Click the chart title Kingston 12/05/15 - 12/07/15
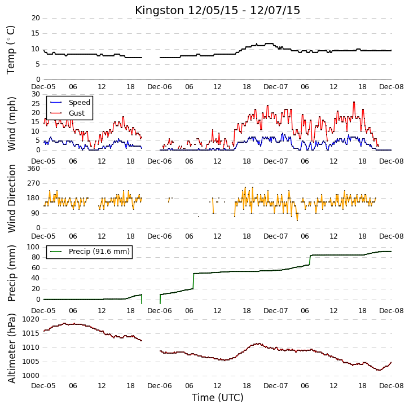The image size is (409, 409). coord(217,10)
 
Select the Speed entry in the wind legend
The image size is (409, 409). coord(80,103)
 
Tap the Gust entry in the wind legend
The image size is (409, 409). coord(77,113)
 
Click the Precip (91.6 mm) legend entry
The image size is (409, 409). coord(99,252)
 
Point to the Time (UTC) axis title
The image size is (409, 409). coord(218,398)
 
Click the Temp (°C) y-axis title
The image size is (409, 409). coord(11,50)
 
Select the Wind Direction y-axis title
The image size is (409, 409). coord(12,199)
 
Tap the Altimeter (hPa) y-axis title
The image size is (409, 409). coord(12,348)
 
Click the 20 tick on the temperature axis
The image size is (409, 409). coord(36,18)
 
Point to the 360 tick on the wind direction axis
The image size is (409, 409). coord(34,169)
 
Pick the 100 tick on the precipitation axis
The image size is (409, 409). coord(34,247)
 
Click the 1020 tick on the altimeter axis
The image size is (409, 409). coord(31,319)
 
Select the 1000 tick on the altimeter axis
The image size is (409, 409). coord(31,376)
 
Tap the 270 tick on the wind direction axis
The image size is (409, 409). coord(34,183)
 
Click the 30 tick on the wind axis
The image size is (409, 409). coord(36,94)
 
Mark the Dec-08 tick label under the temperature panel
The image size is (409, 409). coord(392,87)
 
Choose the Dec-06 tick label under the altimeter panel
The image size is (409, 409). coord(160,385)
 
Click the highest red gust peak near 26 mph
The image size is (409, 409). coord(354,102)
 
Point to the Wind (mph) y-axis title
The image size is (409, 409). coord(12,124)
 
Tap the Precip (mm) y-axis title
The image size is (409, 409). coord(12,274)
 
